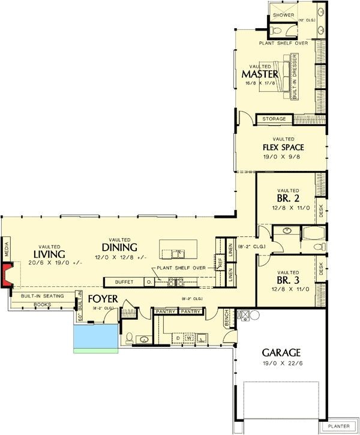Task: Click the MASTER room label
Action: point(260,74)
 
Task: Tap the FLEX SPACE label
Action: point(283,147)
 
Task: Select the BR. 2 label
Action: point(287,197)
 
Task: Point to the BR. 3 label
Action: point(287,280)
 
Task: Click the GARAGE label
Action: point(281,352)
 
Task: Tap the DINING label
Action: point(119,247)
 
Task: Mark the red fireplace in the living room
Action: point(7,275)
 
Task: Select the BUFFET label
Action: point(124,281)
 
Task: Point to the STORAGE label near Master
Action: point(274,119)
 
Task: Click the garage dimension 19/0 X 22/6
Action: point(281,363)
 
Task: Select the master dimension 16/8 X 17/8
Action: point(260,83)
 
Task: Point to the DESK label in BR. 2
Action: point(320,208)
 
